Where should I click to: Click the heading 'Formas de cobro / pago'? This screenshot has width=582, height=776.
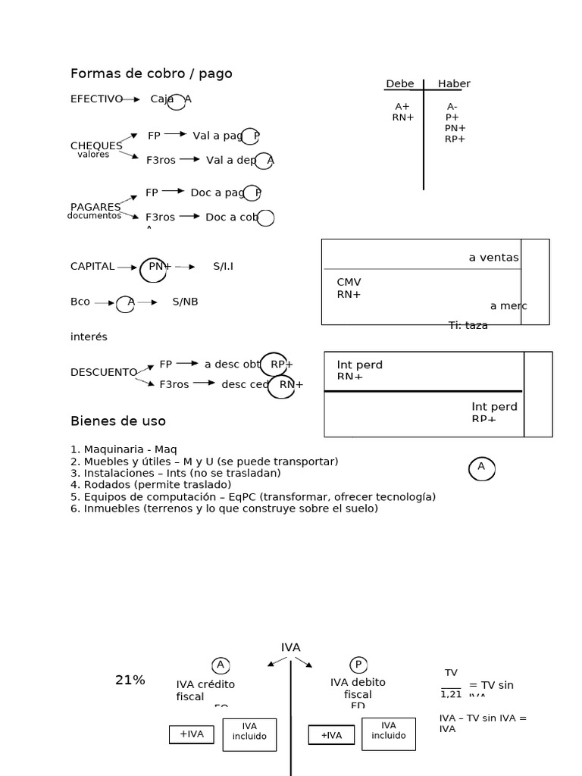tap(151, 74)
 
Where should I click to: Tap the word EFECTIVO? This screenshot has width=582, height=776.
tap(96, 99)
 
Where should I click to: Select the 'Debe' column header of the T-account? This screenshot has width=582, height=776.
tap(400, 84)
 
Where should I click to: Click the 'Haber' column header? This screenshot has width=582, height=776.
tap(454, 84)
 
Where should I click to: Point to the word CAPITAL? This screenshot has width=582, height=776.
tap(92, 267)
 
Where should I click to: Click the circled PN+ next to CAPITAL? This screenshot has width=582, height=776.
tap(157, 267)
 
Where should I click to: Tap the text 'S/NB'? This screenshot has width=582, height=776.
tap(185, 302)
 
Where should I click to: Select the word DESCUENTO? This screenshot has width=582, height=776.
tap(103, 372)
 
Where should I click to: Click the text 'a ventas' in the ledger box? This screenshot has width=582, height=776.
tap(493, 258)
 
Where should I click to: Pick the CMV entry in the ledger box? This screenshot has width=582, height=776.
tap(349, 283)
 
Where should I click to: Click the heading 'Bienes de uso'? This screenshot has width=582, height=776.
tap(117, 421)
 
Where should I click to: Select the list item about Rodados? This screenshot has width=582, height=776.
tap(151, 484)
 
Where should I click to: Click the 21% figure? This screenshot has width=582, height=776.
tap(130, 681)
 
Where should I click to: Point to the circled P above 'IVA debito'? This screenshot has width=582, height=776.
tap(358, 665)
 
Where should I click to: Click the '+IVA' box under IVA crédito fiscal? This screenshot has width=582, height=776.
tap(192, 734)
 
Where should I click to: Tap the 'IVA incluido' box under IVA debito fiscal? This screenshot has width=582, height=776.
tap(388, 731)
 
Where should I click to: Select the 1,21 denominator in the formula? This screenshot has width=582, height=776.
tap(451, 694)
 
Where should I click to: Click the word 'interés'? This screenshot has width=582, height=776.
tap(89, 336)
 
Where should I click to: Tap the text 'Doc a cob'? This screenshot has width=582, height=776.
tap(231, 217)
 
